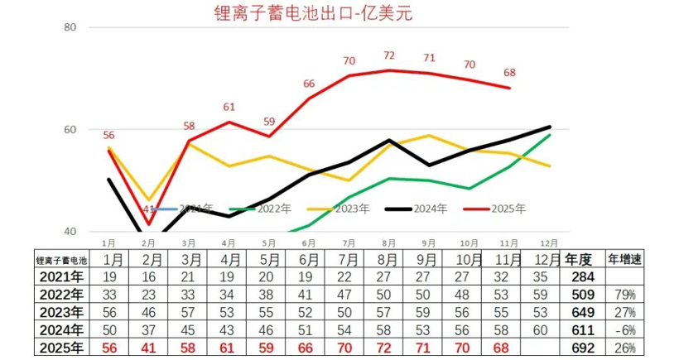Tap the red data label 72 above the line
pyautogui.click(x=388, y=55)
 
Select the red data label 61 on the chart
pyautogui.click(x=229, y=107)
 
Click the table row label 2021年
pyautogui.click(x=61, y=276)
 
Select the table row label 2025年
pyautogui.click(x=61, y=348)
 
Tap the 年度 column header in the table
pyautogui.click(x=578, y=258)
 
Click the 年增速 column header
pyautogui.click(x=625, y=258)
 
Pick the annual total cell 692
pyautogui.click(x=583, y=348)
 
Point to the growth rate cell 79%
pyautogui.click(x=624, y=294)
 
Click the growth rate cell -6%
pyautogui.click(x=624, y=329)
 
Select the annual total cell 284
pyautogui.click(x=583, y=276)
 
